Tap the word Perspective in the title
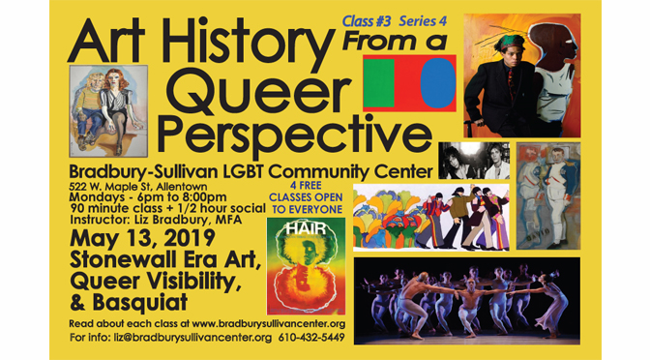[x=295, y=134]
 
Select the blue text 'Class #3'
[x=367, y=21]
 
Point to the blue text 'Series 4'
[x=423, y=21]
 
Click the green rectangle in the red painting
[x=378, y=83]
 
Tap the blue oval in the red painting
[x=438, y=83]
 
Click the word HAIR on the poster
[x=306, y=229]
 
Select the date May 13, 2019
[x=142, y=238]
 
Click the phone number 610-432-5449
[x=311, y=338]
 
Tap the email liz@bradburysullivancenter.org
[x=192, y=338]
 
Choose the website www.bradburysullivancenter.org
[x=269, y=323]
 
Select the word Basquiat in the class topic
[x=140, y=303]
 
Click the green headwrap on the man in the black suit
[x=513, y=42]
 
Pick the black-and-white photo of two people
[x=474, y=161]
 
